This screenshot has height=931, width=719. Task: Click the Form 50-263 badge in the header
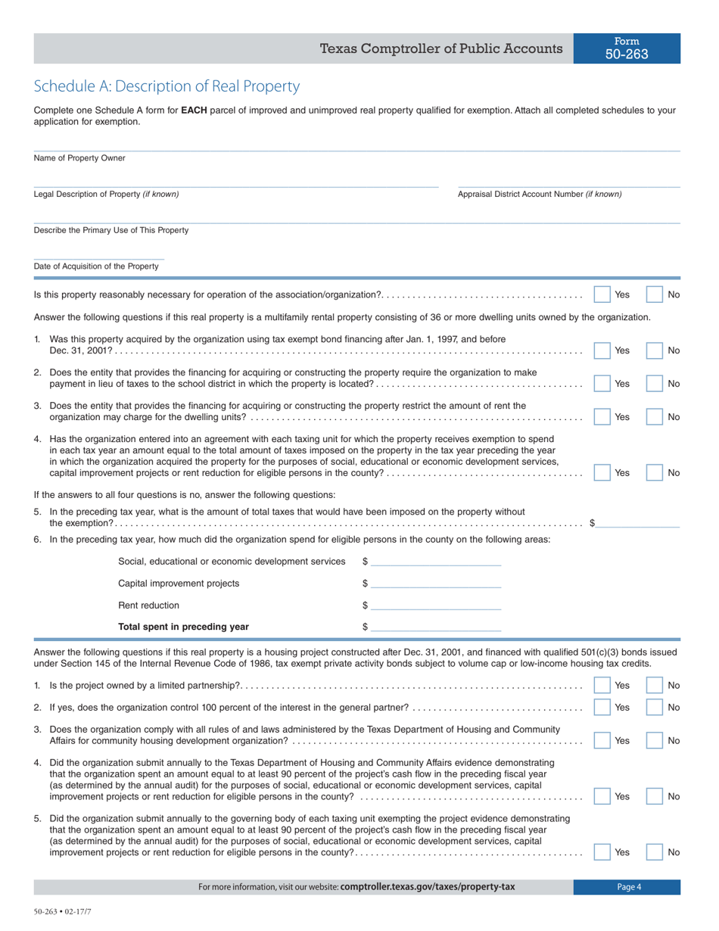pos(626,48)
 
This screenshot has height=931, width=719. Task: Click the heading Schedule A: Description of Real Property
pos(167,86)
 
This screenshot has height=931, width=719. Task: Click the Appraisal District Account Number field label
pos(540,195)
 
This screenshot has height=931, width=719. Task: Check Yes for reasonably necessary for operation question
pos(602,294)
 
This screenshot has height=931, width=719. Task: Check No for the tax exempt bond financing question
pos(655,350)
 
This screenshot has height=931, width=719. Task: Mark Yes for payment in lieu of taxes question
pos(602,384)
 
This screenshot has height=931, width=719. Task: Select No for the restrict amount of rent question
pos(655,417)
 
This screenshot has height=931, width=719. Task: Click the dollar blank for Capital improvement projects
pos(436,583)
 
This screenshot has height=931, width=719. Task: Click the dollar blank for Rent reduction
pos(436,605)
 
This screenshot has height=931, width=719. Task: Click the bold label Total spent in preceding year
pos(183,627)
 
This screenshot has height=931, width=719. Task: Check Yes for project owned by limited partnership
pos(602,685)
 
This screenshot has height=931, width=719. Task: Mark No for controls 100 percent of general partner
pos(655,707)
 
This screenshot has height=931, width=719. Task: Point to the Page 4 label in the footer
pos(628,887)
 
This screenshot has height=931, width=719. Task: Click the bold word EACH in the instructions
pos(194,111)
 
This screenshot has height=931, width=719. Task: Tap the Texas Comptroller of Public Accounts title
pos(441,49)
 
